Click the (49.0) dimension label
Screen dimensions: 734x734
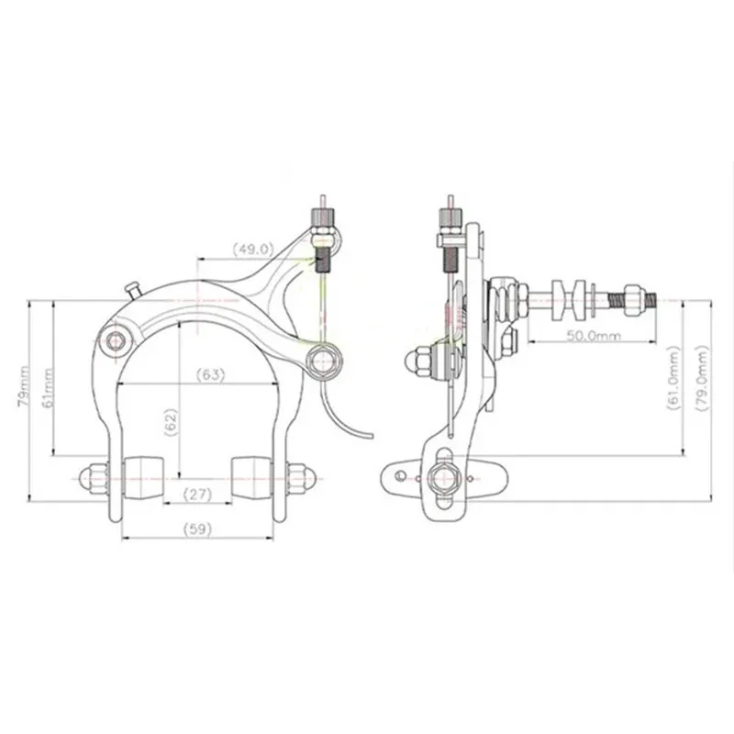pos(253,249)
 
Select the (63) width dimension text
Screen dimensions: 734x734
pos(210,374)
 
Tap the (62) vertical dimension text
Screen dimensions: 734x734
pos(172,422)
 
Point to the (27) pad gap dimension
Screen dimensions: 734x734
pos(197,494)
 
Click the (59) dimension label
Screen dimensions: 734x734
pos(197,529)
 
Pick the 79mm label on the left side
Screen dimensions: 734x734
pos(24,386)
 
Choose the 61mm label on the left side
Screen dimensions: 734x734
pos(48,387)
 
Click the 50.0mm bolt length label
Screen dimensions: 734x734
pos(594,335)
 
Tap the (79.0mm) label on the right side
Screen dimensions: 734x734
pos(703,378)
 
